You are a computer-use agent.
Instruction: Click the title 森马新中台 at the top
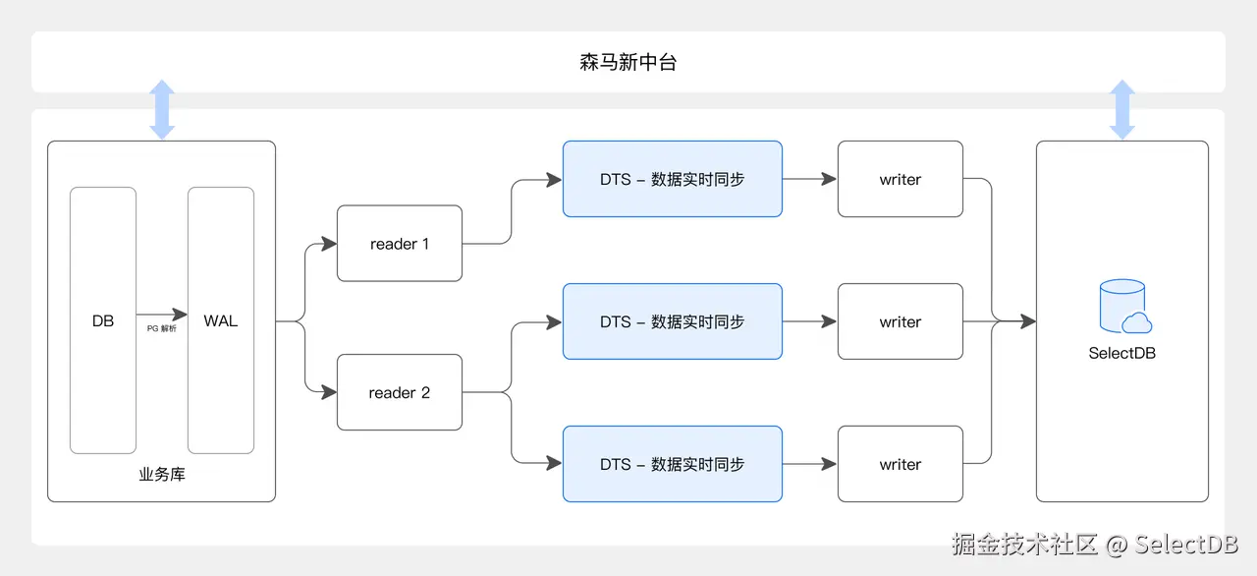(628, 63)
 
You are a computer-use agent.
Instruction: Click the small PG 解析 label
(162, 329)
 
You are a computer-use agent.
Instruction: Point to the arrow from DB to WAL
(162, 315)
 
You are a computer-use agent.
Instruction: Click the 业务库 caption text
(162, 475)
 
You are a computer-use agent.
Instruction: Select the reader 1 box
(399, 244)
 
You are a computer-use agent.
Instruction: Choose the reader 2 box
(399, 392)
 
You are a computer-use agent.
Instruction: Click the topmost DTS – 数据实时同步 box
(672, 179)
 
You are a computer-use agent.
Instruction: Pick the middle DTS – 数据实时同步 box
(672, 321)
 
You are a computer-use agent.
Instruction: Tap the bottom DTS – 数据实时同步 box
(672, 464)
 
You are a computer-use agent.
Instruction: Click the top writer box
(900, 179)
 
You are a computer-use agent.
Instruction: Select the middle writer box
(900, 321)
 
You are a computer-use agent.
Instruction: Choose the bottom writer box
(900, 464)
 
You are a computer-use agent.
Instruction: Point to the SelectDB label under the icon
(1121, 353)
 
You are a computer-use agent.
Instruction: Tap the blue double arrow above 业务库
(162, 109)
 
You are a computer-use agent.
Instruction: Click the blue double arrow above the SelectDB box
(1121, 109)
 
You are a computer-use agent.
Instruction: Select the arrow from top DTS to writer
(809, 179)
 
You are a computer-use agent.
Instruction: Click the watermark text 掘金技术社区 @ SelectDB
(1094, 545)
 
